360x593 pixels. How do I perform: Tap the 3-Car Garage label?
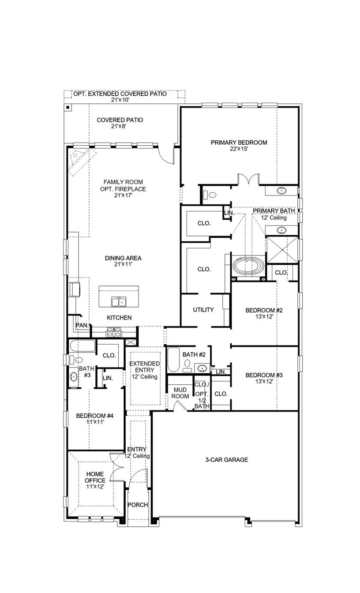click(227, 460)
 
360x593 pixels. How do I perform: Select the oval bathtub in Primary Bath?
click(248, 266)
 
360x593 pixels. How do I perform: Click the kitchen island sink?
click(118, 302)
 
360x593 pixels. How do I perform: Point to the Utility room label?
click(203, 310)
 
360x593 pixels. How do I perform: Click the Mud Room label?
click(180, 393)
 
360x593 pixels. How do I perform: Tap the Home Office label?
click(95, 477)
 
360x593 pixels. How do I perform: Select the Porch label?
click(138, 505)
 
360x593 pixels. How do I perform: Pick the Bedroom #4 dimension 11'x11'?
click(95, 422)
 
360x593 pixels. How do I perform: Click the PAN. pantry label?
click(81, 325)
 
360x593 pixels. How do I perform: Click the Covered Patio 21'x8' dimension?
click(120, 126)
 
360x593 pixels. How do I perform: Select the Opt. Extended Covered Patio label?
click(120, 94)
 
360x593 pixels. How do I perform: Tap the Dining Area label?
click(123, 258)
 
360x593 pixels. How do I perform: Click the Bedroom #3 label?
click(264, 375)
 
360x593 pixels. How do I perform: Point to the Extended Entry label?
click(144, 367)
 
